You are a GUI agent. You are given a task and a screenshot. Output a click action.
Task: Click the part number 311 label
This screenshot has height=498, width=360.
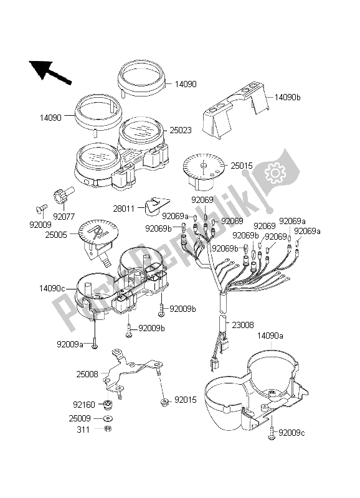click(x=83, y=430)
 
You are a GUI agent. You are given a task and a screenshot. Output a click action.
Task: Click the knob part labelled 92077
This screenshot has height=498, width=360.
click(x=64, y=197)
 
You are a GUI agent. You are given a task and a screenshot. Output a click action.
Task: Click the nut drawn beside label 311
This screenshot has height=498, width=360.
click(x=107, y=429)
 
